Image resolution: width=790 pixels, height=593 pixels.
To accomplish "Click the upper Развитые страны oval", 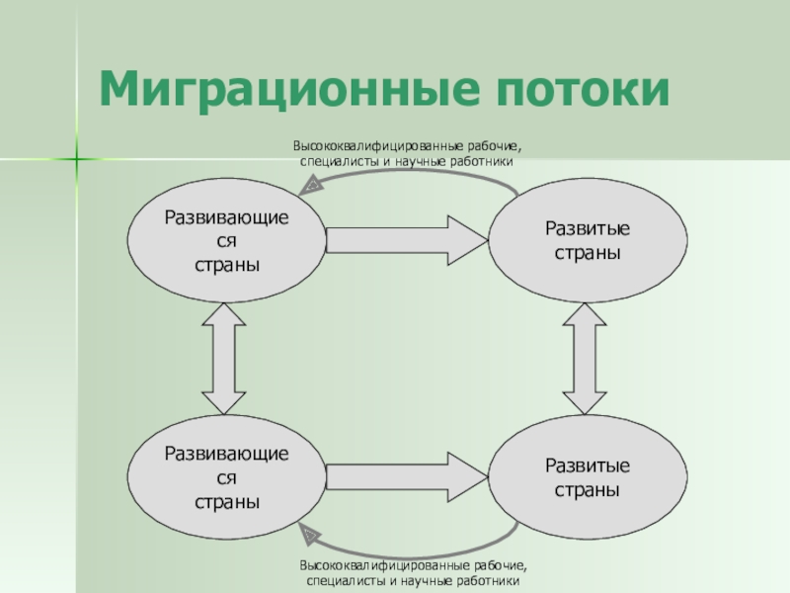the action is [587, 240].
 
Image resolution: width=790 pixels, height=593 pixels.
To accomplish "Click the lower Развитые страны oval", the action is [587, 477].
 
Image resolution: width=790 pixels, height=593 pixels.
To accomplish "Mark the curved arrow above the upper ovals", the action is [415, 172].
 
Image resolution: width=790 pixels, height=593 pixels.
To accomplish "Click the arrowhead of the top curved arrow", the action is [311, 184].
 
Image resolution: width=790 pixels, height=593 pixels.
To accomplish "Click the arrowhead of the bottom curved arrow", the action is [311, 535].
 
